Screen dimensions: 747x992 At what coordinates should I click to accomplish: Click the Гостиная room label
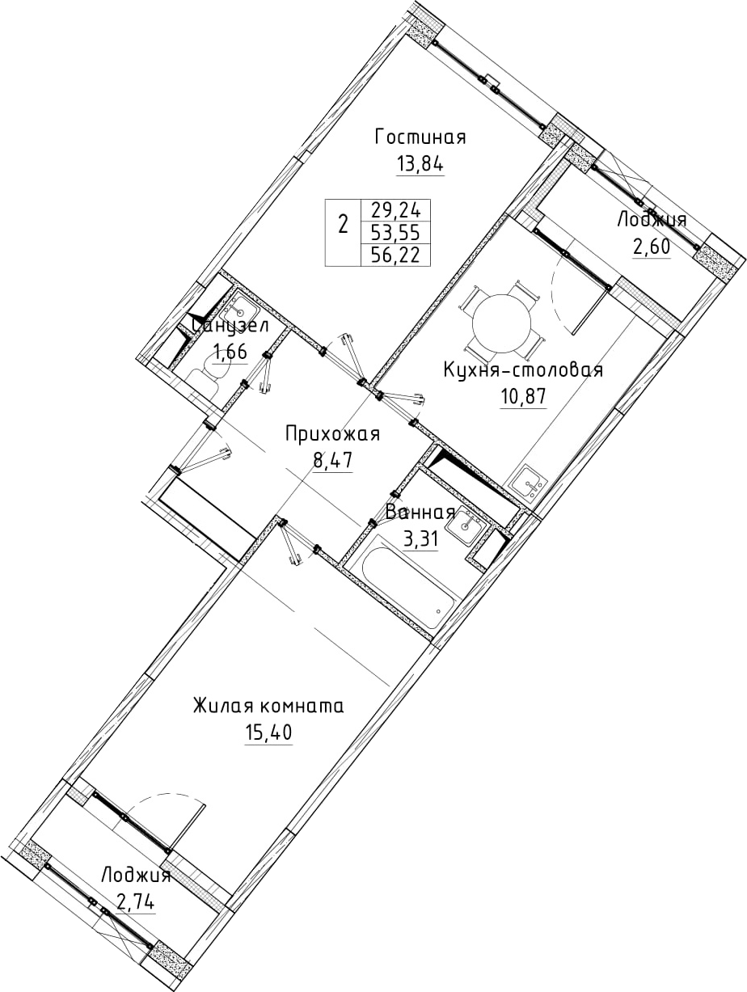pos(420,137)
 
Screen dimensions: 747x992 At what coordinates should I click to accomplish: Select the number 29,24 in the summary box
pos(395,209)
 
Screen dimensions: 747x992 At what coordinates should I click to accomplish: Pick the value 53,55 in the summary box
pos(395,233)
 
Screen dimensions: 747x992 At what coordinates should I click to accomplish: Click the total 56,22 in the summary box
pos(395,255)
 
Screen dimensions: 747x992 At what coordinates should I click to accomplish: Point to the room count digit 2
pos(344,224)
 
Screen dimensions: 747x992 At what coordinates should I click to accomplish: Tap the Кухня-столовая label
pos(523,370)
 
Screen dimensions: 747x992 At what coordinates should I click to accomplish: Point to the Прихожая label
pos(332,434)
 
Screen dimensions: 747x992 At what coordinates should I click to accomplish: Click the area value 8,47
pos(332,461)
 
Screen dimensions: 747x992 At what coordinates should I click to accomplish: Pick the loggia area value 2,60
pos(651,248)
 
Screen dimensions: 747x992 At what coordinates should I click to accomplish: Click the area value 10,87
pos(523,397)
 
